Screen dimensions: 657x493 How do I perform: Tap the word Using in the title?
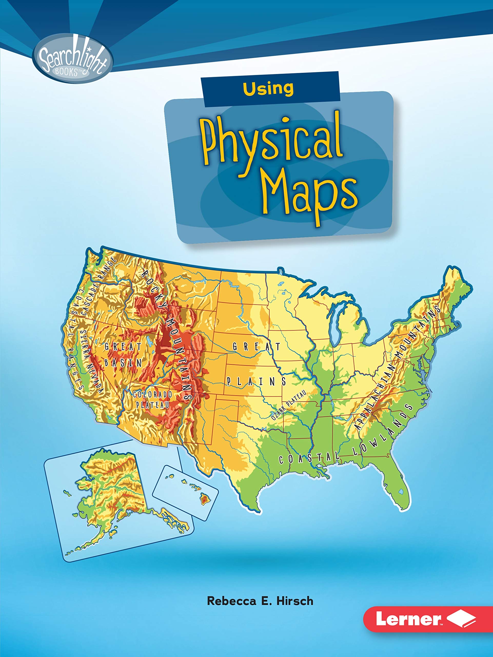pyautogui.click(x=268, y=89)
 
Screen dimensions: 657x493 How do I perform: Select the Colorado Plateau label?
pyautogui.click(x=153, y=400)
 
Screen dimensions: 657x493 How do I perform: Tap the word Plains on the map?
pyautogui.click(x=257, y=381)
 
